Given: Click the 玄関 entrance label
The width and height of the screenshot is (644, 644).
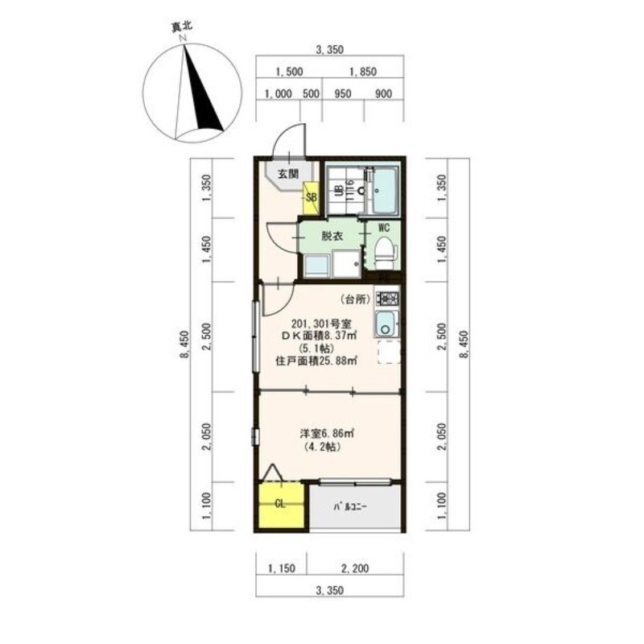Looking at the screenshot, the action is tap(288, 174).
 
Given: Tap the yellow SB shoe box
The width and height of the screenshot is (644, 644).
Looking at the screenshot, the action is tap(311, 197).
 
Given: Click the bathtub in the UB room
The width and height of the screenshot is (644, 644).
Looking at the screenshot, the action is tap(386, 190).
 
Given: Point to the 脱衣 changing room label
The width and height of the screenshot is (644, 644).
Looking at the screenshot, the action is tap(332, 236).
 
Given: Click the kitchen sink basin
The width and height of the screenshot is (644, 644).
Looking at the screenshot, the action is tap(386, 324).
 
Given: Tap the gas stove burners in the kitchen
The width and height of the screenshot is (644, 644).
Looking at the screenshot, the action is tap(386, 298).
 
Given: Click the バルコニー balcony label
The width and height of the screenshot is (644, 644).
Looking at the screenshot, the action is tap(349, 507).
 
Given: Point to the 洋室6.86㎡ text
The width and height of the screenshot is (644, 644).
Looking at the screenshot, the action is tap(328, 433).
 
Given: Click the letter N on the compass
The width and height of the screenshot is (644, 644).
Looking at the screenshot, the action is tap(183, 38).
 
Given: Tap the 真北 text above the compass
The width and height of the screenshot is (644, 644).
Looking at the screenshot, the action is tap(182, 27).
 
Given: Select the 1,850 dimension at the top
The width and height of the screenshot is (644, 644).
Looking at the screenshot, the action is tap(363, 72).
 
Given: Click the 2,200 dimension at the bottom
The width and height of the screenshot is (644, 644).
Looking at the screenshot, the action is tap(355, 568).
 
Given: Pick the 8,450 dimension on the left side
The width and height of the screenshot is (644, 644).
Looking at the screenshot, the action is tap(184, 345).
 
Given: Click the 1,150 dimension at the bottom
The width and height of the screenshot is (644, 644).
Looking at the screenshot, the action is tap(281, 568).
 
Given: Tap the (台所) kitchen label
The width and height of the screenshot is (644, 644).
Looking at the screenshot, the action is tap(356, 299).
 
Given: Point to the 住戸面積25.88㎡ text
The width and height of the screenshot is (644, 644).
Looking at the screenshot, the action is tap(316, 361).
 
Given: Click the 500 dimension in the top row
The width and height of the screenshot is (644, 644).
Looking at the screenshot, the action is tap(311, 93).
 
